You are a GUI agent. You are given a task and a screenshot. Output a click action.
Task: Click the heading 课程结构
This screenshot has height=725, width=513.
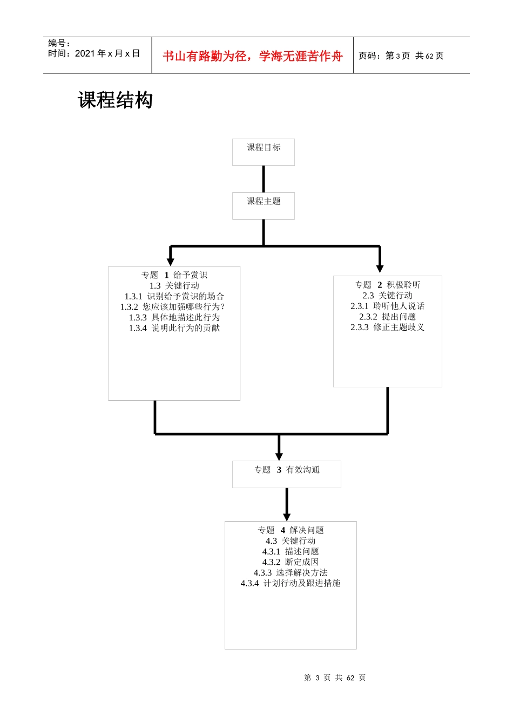pos(116,100)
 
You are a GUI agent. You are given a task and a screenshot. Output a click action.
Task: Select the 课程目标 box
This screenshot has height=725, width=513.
pos(264,152)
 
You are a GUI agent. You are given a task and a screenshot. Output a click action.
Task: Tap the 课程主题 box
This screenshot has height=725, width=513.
pos(264,206)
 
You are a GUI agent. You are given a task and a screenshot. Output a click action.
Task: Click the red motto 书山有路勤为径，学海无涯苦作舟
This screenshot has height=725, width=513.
pos(253,56)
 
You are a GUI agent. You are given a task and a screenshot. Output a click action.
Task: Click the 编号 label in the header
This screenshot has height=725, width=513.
pos(59,43)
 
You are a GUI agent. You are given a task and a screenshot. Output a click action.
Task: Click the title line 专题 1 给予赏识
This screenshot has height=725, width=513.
pos(174,275)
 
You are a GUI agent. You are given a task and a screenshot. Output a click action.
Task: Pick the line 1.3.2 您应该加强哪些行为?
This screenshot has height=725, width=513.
pos(172,307)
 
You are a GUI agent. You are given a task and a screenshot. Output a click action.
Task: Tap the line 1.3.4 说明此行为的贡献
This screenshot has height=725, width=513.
pos(174,328)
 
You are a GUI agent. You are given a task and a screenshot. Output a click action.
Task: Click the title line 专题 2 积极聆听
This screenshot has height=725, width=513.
pos(387,285)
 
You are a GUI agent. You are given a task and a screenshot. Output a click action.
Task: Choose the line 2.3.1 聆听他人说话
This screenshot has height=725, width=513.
pos(387,306)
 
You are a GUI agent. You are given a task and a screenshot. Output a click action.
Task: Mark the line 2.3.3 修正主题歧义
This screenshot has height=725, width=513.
pos(387,327)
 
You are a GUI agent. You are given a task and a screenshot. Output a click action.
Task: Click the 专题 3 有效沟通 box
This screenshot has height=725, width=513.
pos(287,474)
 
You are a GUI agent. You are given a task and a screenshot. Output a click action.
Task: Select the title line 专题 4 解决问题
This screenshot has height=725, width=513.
pos(291,530)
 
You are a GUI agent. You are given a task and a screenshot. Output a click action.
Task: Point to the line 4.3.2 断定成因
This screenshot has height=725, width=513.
pos(291,562)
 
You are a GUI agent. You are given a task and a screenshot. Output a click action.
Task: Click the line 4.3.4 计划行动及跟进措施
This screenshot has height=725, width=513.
pos(291,583)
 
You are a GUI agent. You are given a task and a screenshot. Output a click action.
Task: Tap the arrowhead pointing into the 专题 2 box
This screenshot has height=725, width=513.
pos(380,268)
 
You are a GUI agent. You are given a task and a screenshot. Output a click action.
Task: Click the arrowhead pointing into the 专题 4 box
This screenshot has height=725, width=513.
pos(287,516)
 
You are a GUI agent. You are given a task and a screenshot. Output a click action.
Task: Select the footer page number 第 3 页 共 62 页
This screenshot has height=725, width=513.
pos(335,678)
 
